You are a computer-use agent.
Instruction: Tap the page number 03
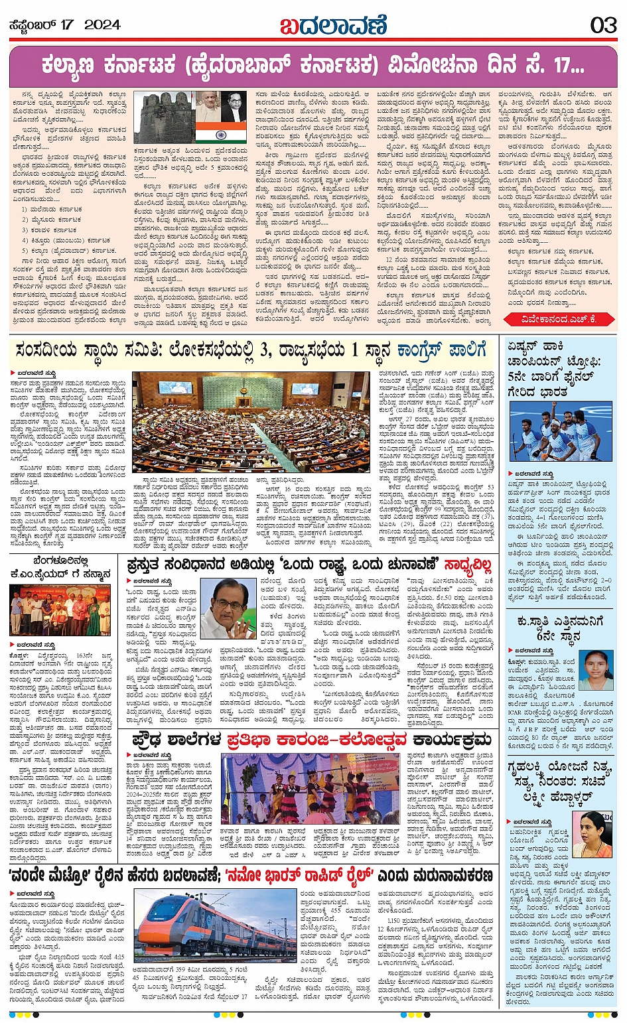point(603,25)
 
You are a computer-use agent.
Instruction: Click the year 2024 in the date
point(102,25)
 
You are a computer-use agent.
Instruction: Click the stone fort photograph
point(163,117)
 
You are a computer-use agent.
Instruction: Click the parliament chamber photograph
point(251,422)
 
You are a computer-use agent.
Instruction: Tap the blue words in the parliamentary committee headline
point(442,350)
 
